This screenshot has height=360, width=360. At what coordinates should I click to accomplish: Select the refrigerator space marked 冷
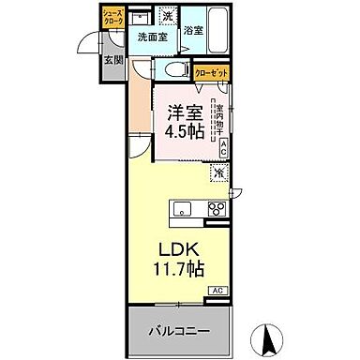[217, 172]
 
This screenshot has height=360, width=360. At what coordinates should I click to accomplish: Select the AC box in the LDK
[216, 292]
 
